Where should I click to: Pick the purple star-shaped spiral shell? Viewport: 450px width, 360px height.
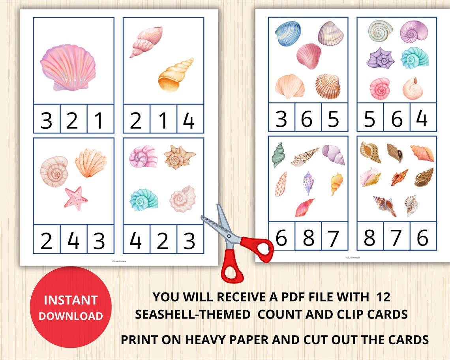pos(380,58)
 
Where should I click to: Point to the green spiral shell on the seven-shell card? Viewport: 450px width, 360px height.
pos(278,155)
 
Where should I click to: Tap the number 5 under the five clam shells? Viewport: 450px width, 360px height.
pos(334,118)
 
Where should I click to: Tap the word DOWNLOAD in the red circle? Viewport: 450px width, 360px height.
pos(71,316)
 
